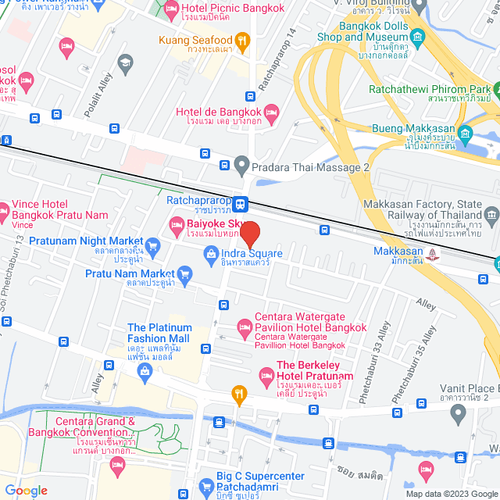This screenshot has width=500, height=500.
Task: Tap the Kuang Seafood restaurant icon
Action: point(243,40)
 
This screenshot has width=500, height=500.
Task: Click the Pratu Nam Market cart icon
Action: point(184,273)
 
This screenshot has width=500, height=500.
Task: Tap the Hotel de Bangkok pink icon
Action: point(271,112)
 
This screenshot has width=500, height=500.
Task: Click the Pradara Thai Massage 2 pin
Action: point(242,166)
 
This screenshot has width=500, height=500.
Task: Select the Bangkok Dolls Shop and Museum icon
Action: point(417,36)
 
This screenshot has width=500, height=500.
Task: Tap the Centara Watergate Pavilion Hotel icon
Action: point(244,326)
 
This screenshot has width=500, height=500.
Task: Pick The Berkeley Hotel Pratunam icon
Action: point(266,371)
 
